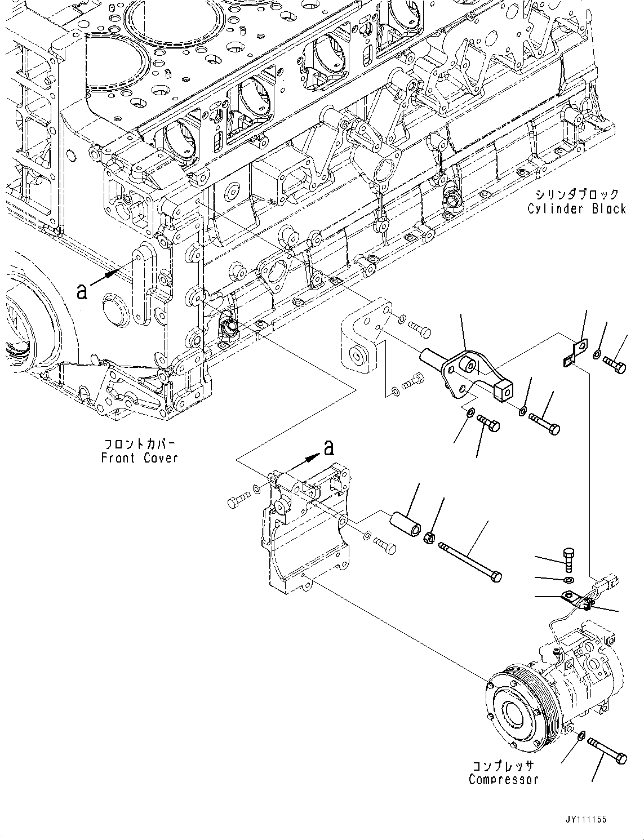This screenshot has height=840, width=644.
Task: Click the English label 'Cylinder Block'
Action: [x=576, y=209]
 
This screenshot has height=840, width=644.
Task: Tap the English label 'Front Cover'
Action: [x=139, y=458]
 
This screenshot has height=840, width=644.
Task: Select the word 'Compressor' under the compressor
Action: [x=503, y=780]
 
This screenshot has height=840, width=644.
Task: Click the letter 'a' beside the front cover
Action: [x=82, y=291]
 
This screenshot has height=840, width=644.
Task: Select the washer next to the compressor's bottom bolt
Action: [x=580, y=735]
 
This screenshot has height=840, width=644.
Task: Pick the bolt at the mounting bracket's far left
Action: [x=238, y=499]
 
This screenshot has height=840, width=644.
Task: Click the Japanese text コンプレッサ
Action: [x=503, y=766]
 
